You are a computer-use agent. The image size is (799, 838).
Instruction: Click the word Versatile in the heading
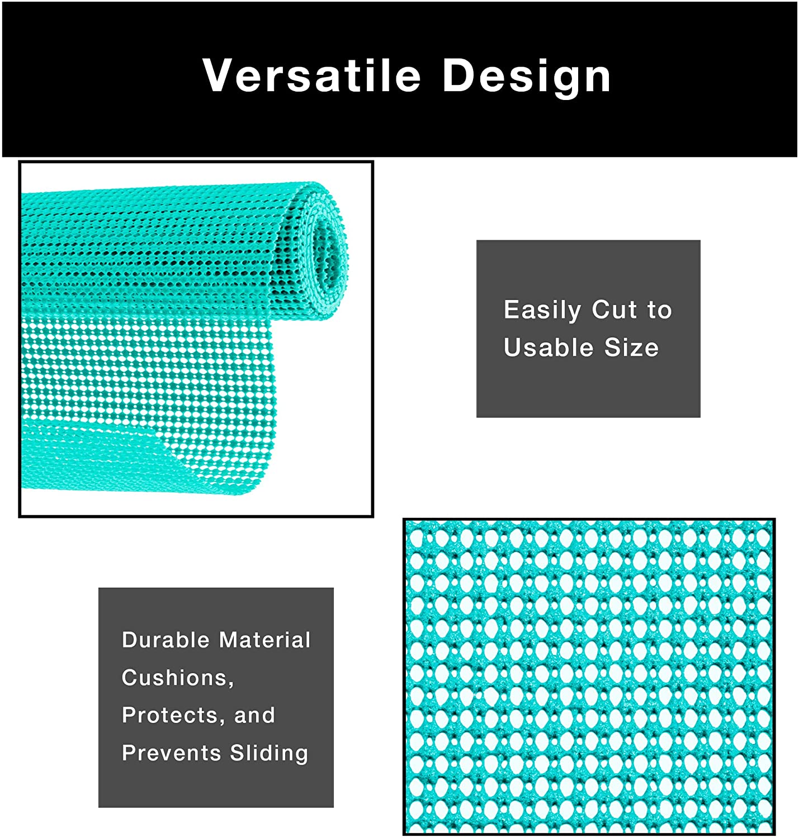click(311, 75)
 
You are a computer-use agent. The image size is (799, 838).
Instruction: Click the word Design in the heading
click(527, 77)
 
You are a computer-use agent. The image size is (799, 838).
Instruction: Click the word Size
click(632, 347)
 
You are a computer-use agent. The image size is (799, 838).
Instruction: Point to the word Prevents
click(171, 753)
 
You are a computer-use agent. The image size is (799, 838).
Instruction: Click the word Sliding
click(269, 754)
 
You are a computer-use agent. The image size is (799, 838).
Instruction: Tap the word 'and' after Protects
click(254, 715)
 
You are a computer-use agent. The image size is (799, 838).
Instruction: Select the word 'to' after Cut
click(660, 310)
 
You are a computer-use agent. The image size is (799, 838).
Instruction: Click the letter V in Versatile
click(218, 75)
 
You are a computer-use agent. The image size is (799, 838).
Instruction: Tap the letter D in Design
click(460, 75)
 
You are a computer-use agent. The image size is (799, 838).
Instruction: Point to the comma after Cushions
click(231, 684)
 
